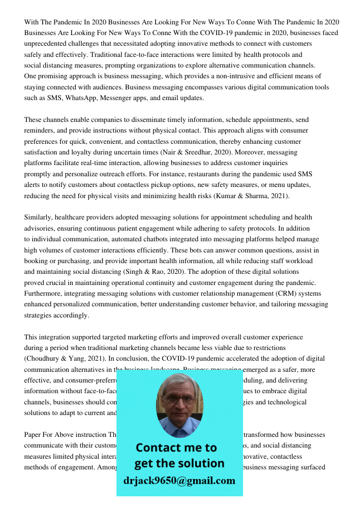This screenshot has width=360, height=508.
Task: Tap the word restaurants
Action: coord(167,174)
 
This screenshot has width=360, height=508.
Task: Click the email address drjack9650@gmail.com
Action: coord(179,480)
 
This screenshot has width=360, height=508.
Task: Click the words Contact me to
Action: coord(176,448)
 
